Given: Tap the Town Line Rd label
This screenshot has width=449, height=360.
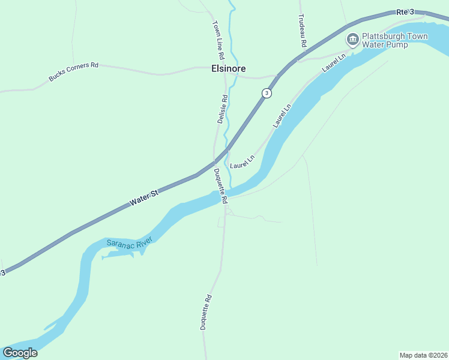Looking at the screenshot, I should point(218,40).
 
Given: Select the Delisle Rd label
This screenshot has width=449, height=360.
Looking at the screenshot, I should point(221,109).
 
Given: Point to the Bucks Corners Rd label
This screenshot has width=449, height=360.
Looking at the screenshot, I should point(73,71).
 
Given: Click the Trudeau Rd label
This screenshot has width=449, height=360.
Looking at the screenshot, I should point(303,32).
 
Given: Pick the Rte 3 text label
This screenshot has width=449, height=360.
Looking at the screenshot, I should point(406,11).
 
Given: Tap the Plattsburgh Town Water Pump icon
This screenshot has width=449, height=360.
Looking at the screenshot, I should point(352,40).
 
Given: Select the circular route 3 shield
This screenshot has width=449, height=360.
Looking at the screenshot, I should point(267,93).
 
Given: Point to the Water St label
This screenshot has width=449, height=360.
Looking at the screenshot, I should point(144,199).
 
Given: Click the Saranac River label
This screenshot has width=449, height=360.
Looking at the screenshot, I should point(130,242).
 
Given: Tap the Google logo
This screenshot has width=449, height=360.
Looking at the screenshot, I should point(20,353).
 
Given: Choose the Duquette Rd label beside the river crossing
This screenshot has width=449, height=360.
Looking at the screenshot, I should point(220,184).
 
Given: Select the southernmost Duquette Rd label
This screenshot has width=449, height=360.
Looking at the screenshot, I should point(206,312).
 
